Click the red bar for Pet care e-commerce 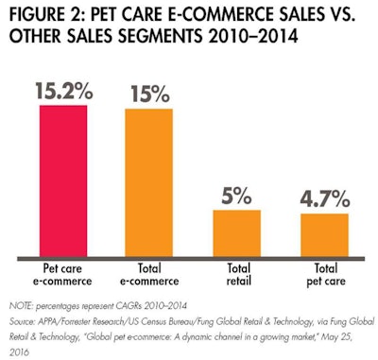coord(68,179)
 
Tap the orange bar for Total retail coord(236,231)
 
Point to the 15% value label coord(149,92)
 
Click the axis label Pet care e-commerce coord(68,272)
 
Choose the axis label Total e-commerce coord(149,272)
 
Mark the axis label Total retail coord(236,272)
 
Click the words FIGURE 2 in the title coord(43,16)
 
